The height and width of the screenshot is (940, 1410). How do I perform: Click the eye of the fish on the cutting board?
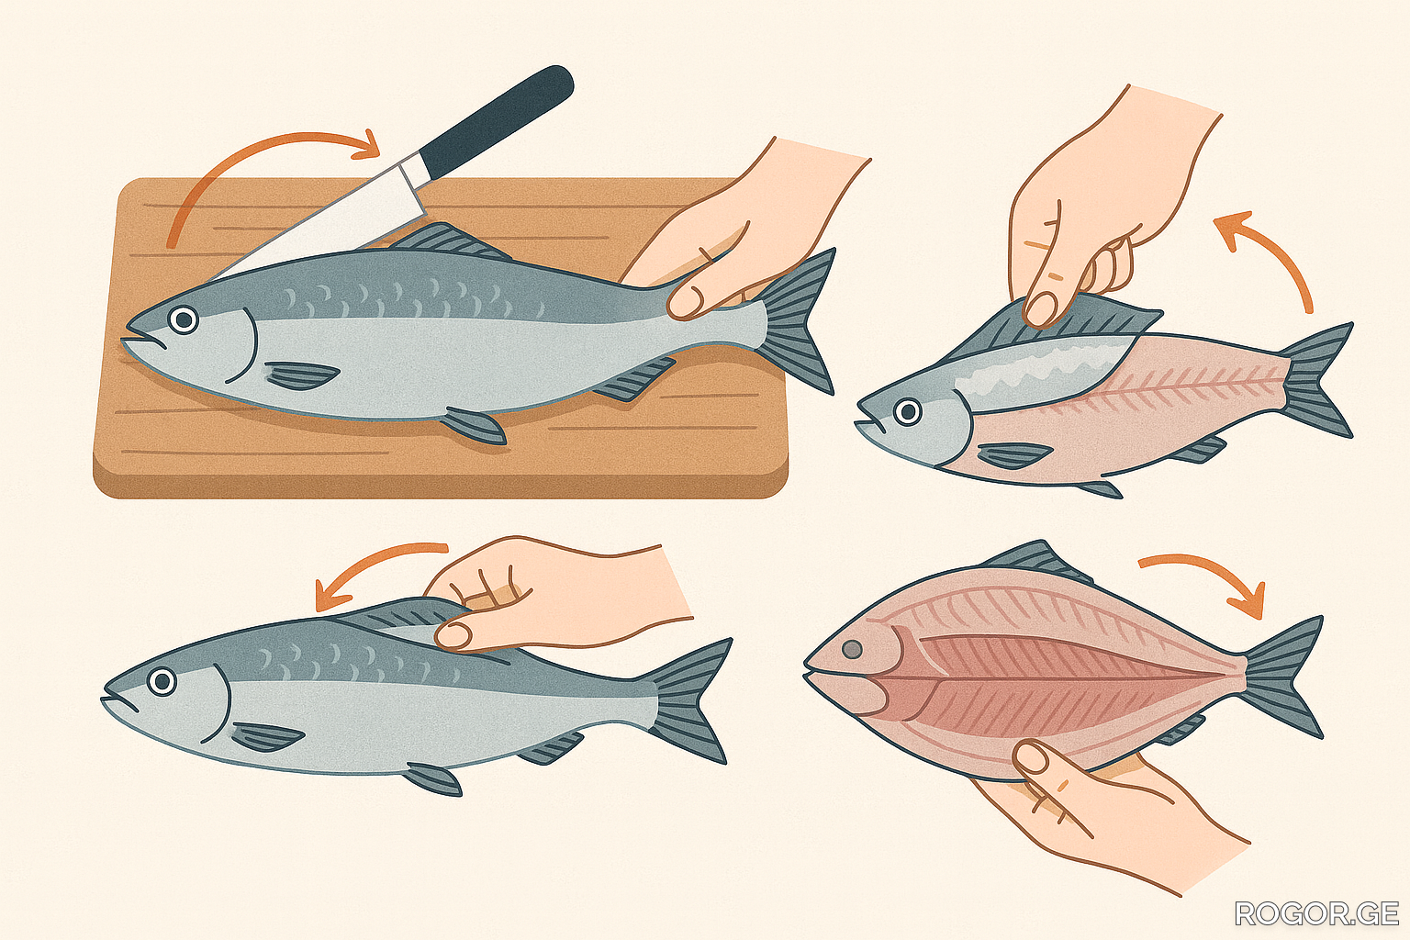184,319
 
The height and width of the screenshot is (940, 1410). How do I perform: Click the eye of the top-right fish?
908,412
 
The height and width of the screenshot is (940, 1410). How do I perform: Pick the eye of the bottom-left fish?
162,680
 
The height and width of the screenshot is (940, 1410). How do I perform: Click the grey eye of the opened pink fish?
852,648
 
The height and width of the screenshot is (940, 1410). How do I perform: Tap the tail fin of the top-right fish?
1319,380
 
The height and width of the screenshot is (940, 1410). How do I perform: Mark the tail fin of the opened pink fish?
1284,677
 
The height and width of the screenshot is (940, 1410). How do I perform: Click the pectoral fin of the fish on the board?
302,375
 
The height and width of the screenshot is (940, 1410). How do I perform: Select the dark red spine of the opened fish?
1070,677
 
